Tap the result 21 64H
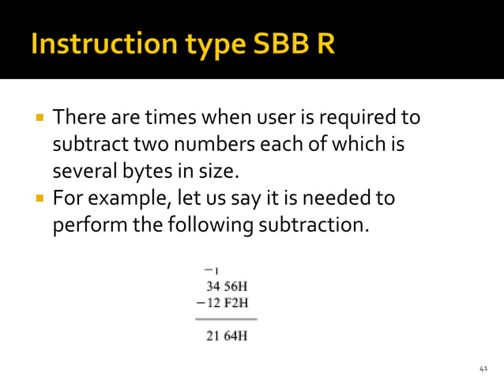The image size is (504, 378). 226,336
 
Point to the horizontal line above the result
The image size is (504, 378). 226,319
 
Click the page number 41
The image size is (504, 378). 485,369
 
